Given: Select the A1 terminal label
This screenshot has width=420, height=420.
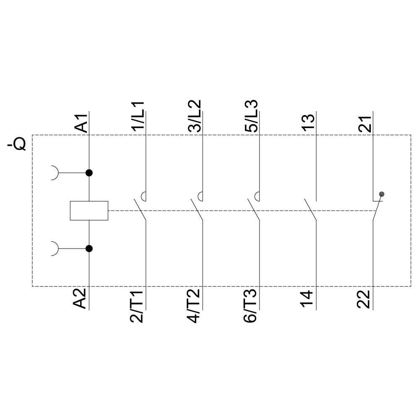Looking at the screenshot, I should click(81, 123).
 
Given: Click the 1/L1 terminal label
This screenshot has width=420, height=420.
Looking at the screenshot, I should click(137, 116).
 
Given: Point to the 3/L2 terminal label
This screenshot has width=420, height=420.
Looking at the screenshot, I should click(194, 116).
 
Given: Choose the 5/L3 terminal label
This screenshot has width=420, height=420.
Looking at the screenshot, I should click(251, 116).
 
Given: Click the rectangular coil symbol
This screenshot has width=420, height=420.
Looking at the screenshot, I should click(89, 210).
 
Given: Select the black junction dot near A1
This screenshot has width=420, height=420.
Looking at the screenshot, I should click(89, 173).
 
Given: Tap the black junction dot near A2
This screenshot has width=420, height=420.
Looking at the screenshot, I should click(89, 249).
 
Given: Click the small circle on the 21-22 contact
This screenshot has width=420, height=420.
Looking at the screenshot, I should click(381, 194).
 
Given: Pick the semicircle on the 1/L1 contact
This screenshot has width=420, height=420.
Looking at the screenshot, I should click(144, 196).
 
